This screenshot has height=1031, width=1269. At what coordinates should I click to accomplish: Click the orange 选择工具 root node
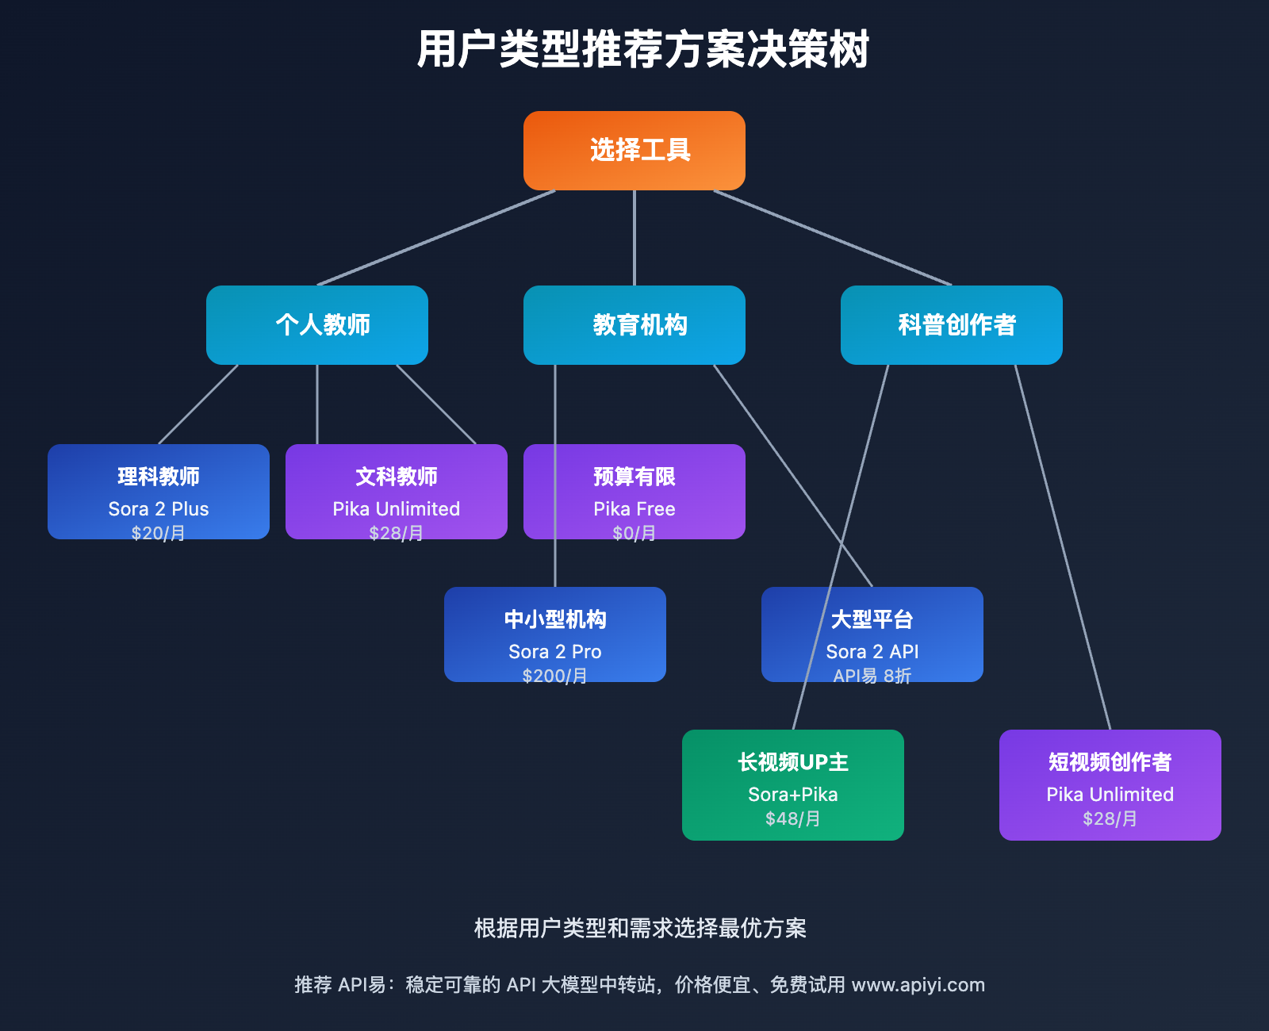(x=634, y=151)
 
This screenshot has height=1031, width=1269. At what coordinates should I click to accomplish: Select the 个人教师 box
(x=317, y=325)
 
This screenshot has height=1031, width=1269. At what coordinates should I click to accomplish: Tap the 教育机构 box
(x=634, y=325)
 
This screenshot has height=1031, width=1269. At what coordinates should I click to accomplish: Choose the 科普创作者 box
(x=952, y=325)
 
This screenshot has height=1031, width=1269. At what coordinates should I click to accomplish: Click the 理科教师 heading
(x=159, y=477)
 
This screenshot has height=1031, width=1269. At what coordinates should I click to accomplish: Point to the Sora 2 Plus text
(x=159, y=509)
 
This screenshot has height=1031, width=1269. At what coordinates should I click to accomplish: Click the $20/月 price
(x=159, y=533)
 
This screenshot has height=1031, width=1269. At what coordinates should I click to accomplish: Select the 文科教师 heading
(x=397, y=477)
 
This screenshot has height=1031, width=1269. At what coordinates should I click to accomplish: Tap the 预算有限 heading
(x=634, y=477)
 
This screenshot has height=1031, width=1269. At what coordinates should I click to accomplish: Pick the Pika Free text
(x=634, y=509)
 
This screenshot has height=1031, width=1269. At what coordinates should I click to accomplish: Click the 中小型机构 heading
(x=555, y=619)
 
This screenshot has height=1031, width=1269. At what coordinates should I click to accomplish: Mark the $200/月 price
(x=555, y=676)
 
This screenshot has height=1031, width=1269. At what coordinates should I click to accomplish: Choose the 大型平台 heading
(x=872, y=619)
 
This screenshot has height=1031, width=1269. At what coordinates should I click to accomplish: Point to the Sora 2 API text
(x=872, y=652)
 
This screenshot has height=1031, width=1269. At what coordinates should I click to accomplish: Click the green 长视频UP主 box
(x=793, y=785)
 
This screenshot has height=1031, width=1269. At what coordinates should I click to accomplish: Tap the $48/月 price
(x=793, y=818)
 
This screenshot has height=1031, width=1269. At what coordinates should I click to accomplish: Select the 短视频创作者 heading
(x=1110, y=762)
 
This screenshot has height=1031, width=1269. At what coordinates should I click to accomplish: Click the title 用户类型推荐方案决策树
(x=642, y=49)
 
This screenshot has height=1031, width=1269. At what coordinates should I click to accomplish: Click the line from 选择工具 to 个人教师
(x=436, y=238)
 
